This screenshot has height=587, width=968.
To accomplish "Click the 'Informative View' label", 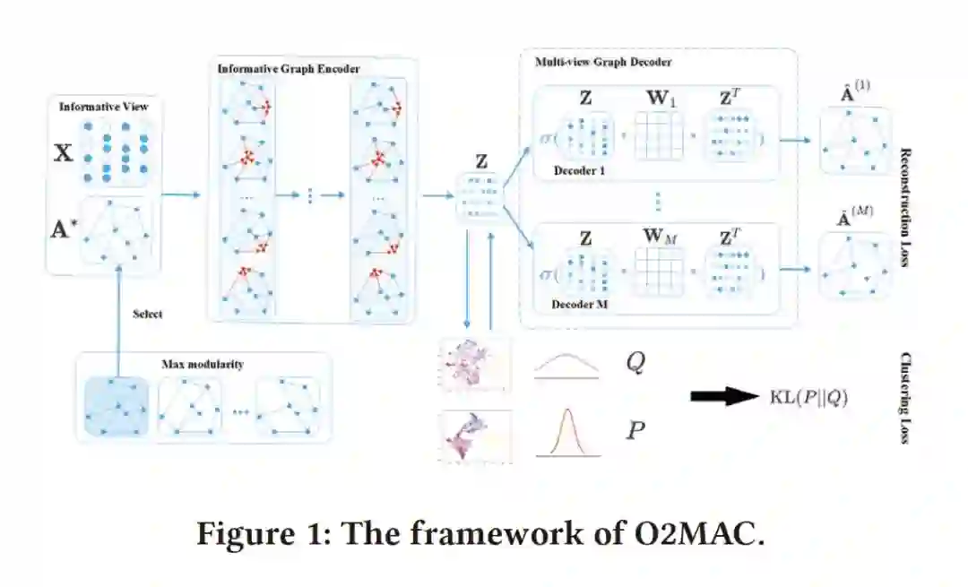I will tap(104, 107).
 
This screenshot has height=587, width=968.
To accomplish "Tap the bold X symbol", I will tap(64, 152).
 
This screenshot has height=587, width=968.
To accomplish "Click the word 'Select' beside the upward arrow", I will tap(148, 315).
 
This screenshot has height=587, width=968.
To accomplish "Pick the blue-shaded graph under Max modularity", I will tap(117, 406).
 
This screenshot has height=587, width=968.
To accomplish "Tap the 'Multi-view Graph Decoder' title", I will tap(603, 63).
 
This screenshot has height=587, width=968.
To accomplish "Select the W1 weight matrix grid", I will tap(659, 135).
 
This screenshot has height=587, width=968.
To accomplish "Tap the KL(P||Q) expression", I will tap(808, 396).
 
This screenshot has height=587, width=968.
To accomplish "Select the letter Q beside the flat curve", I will tap(634, 364).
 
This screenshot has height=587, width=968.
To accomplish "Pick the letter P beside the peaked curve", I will tap(635, 430).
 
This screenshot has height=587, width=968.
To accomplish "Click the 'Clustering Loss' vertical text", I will tap(905, 399).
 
